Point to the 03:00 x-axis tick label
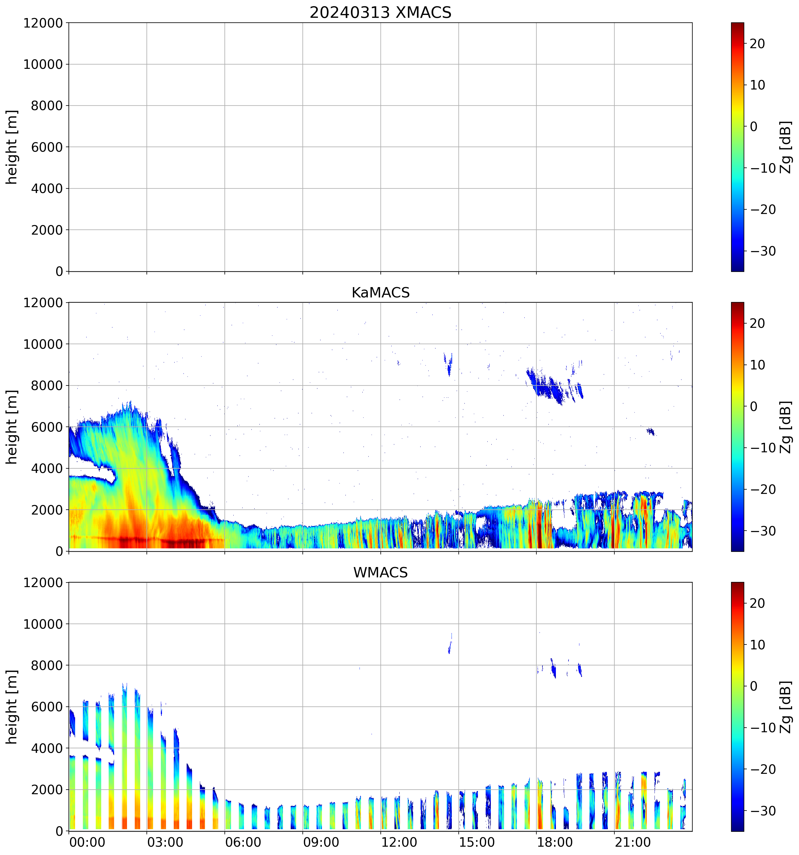[x=165, y=842]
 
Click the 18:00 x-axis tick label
[x=554, y=842]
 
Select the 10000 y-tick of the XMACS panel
[x=43, y=65]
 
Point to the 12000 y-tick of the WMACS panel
[x=43, y=583]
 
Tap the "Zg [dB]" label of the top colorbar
[x=785, y=147]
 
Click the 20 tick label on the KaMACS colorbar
[x=757, y=324]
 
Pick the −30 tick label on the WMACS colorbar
[x=763, y=811]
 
